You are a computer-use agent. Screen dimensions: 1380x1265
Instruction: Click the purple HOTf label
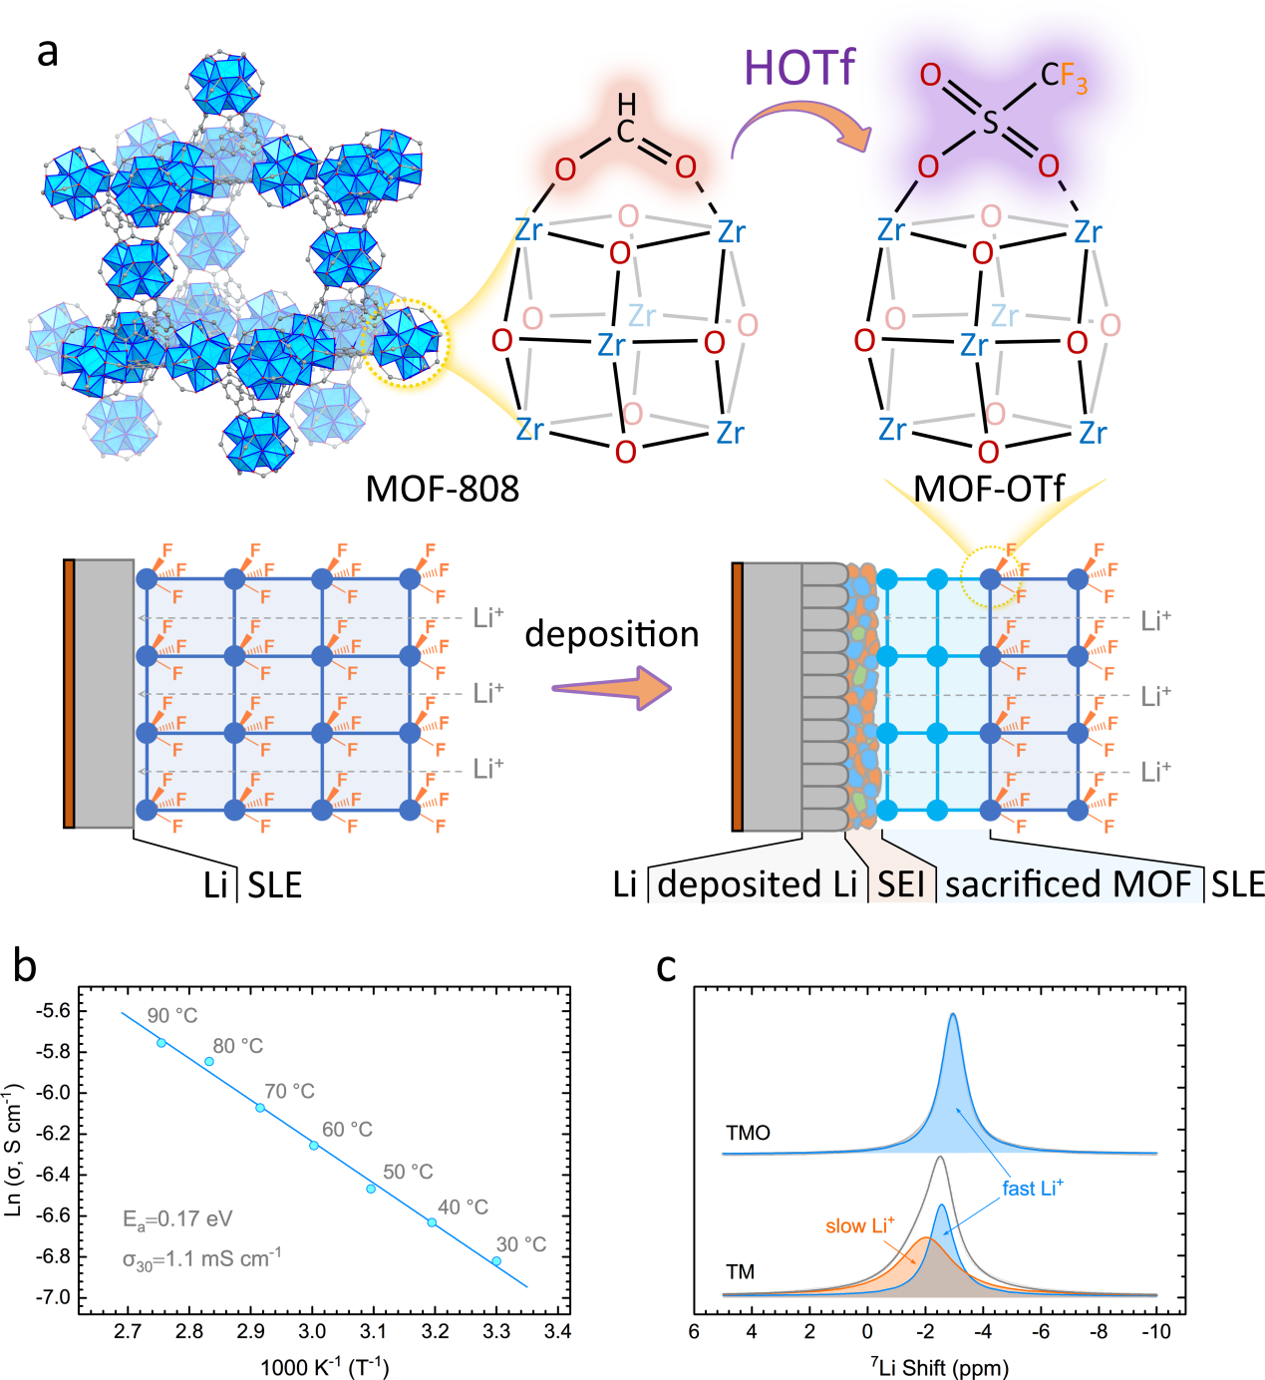point(799,68)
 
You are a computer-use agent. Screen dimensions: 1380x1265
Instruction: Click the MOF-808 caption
point(442,489)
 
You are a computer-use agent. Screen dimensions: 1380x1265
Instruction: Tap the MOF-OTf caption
point(989,489)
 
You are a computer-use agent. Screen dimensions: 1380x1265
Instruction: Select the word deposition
point(612,634)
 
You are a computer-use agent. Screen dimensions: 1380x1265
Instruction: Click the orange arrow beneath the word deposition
point(611,689)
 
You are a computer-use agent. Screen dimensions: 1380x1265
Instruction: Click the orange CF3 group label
point(1064,76)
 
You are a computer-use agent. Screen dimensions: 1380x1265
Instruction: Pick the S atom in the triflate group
point(989,123)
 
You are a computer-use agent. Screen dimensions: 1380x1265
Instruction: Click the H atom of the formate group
point(626,104)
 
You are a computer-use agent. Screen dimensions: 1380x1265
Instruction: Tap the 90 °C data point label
point(172,1016)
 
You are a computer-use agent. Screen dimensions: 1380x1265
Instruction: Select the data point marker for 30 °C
point(496,1261)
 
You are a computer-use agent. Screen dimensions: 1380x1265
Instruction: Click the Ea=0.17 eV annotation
point(177,1218)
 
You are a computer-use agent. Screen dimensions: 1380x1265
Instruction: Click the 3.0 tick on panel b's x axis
point(312,1331)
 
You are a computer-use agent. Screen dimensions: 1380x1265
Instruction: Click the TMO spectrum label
point(748,1133)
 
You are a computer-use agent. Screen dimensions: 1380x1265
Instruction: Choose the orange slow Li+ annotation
point(859,1225)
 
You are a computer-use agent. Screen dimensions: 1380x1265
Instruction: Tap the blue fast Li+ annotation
point(1032,1189)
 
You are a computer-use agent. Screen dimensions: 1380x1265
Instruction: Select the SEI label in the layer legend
point(901,884)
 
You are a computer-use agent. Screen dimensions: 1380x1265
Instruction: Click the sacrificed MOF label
point(1068,884)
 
